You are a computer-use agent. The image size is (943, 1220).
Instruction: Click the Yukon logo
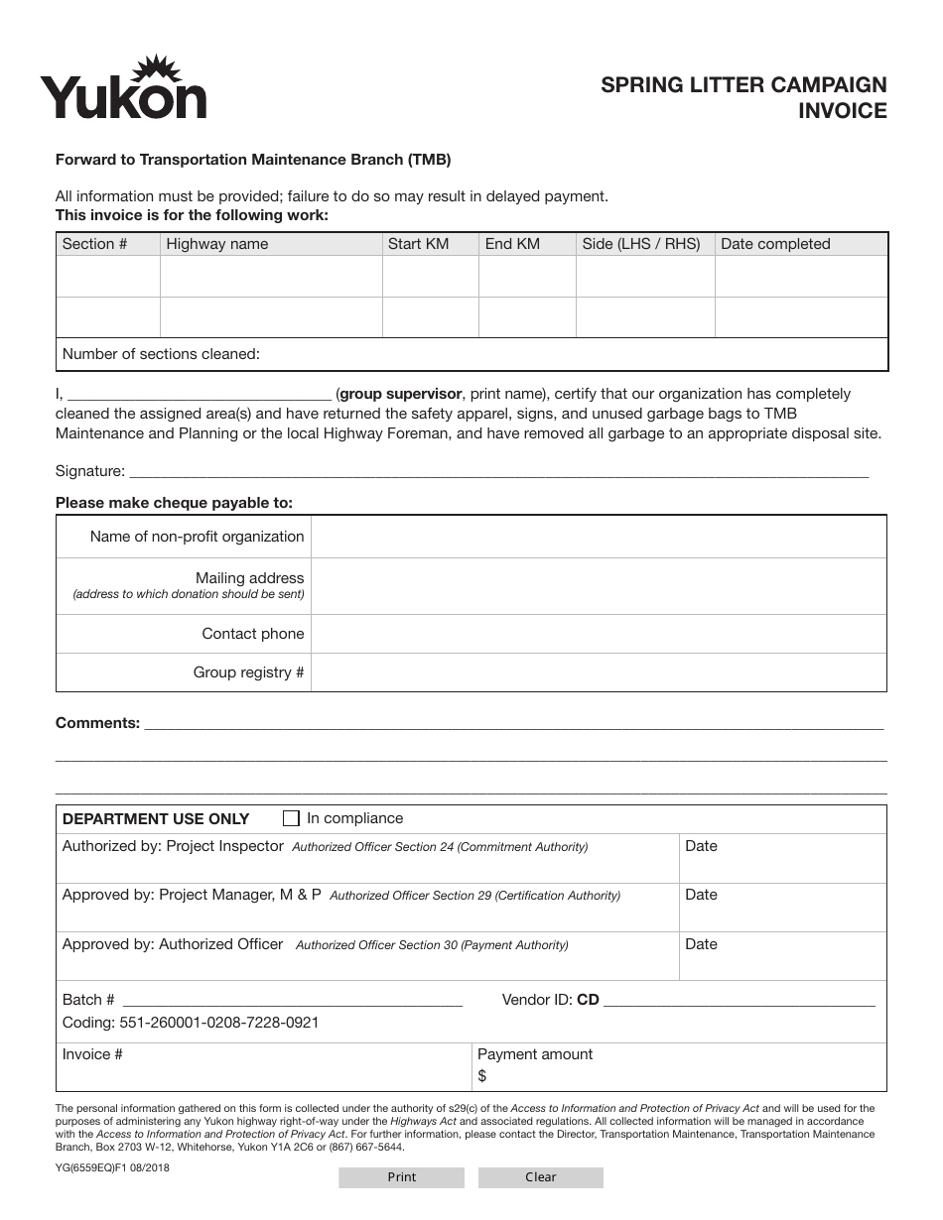tap(123, 89)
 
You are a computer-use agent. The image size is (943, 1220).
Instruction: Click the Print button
tap(401, 1177)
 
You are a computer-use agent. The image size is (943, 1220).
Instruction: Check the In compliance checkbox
tap(291, 818)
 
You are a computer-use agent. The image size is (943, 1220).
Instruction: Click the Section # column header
tap(95, 244)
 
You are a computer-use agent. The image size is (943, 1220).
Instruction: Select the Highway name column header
tap(217, 244)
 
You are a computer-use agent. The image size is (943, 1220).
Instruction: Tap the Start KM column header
tap(419, 244)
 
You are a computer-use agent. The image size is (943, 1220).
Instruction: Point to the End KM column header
tap(512, 244)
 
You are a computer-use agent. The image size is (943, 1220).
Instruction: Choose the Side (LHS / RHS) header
tap(641, 244)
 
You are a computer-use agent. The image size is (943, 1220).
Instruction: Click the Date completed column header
tap(775, 244)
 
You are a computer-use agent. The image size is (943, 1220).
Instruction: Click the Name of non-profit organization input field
tap(598, 537)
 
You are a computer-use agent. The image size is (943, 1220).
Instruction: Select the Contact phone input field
tap(598, 634)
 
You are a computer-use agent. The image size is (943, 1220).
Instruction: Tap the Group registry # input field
tap(598, 672)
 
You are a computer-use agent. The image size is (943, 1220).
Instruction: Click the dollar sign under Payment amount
tap(482, 1075)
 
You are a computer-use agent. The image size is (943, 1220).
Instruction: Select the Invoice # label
tap(92, 1054)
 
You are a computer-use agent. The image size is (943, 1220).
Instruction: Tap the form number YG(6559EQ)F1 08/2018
tap(112, 1167)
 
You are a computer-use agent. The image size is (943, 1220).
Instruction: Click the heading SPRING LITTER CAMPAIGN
tap(743, 85)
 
